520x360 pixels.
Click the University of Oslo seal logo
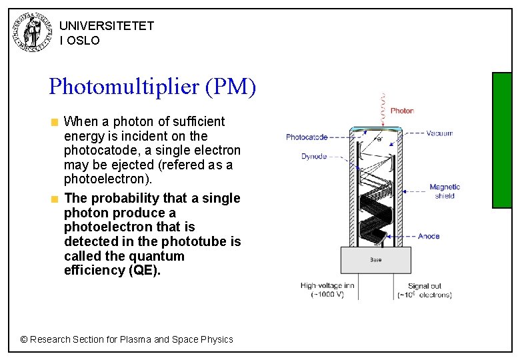[33, 32]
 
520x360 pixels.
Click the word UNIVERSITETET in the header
[107, 26]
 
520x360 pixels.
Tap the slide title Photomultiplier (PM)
[152, 87]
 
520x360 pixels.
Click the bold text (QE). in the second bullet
[143, 270]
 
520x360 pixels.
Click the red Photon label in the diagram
[402, 111]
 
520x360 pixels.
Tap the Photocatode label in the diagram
[307, 137]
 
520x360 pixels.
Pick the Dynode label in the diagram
[314, 157]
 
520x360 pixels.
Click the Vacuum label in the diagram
[439, 133]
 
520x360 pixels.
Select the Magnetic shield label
[445, 191]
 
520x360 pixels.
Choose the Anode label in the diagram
[429, 236]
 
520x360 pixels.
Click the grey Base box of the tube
[375, 260]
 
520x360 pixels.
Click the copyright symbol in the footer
[24, 339]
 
